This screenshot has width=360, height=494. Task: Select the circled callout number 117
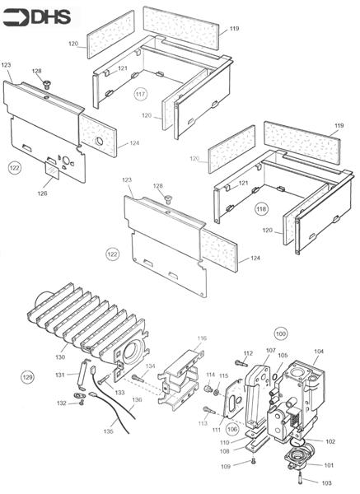[x=141, y=95]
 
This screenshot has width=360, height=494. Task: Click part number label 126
[x=42, y=193]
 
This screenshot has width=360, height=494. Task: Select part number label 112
[x=248, y=353]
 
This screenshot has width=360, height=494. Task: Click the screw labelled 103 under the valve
[x=297, y=473]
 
